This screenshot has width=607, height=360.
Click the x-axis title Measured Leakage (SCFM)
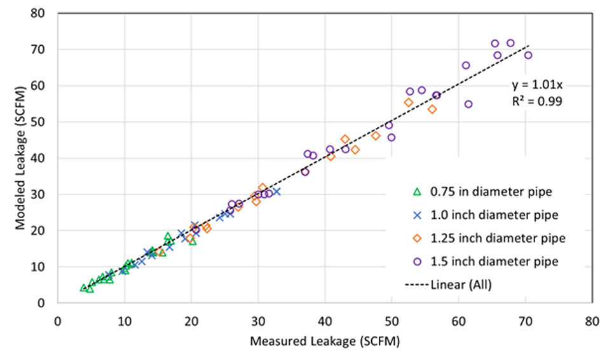325,341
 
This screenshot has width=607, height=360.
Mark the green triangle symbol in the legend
418,191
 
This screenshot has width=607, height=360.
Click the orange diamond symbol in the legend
418,238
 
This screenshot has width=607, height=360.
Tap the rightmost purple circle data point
528,55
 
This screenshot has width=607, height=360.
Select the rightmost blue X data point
276,191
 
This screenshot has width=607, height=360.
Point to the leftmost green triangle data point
83,287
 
